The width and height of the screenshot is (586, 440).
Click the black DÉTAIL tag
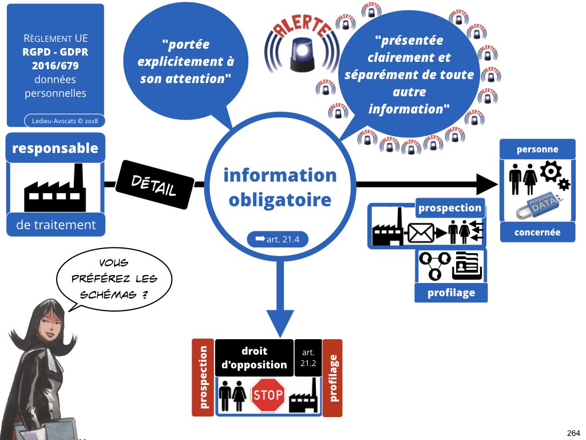(155, 184)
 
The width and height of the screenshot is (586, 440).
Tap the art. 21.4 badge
(278, 239)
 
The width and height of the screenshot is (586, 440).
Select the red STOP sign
(268, 395)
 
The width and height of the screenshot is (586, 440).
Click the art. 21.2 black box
(308, 357)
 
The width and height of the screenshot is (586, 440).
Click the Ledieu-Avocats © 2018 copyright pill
(65, 121)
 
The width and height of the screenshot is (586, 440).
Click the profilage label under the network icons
(451, 293)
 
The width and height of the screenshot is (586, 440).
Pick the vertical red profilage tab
(333, 378)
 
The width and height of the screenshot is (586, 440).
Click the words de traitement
(56, 225)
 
